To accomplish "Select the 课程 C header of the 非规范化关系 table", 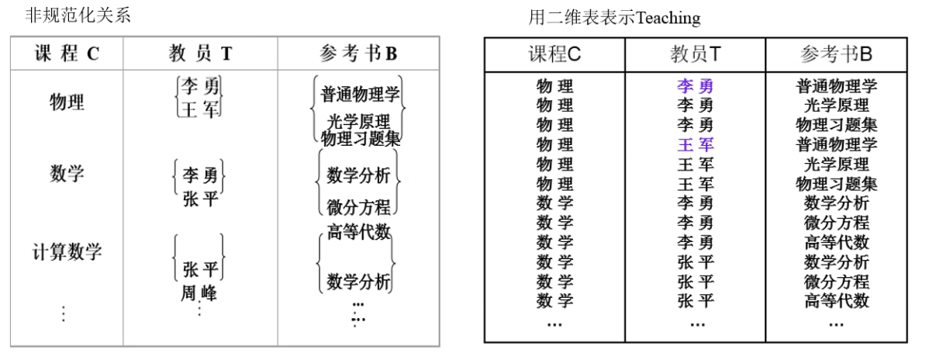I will coord(67,54).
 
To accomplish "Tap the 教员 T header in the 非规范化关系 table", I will coord(200,54).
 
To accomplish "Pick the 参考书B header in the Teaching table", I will coord(836,54).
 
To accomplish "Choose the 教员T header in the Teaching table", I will coord(695,54).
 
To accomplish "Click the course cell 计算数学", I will coord(67,252).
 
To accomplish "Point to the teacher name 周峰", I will coord(199,293).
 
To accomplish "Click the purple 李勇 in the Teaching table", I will coord(695,86).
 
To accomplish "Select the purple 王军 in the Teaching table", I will coord(695,144).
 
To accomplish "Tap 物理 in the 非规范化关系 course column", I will coord(67,102).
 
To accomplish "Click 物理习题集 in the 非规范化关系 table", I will coord(361,139).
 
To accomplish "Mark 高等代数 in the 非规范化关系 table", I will coord(358,231).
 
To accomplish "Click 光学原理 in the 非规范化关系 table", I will coord(358,122).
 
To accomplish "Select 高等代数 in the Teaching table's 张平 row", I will coord(836,300).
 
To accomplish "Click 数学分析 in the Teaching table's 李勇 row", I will coord(836,203).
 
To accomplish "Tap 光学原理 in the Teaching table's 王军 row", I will coord(836,164).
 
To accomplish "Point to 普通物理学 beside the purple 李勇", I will coord(836,86).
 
